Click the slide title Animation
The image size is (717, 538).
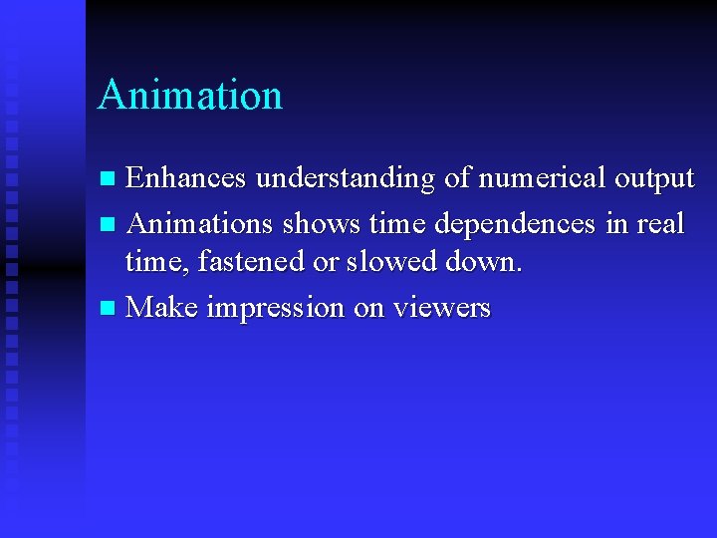click(190, 96)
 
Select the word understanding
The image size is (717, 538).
click(345, 178)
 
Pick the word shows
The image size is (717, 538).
click(314, 223)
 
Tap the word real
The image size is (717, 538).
click(660, 223)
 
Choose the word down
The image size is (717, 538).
click(483, 262)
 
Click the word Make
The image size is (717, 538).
click(162, 308)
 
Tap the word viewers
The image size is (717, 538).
click(442, 308)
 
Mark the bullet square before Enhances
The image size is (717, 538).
click(109, 179)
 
